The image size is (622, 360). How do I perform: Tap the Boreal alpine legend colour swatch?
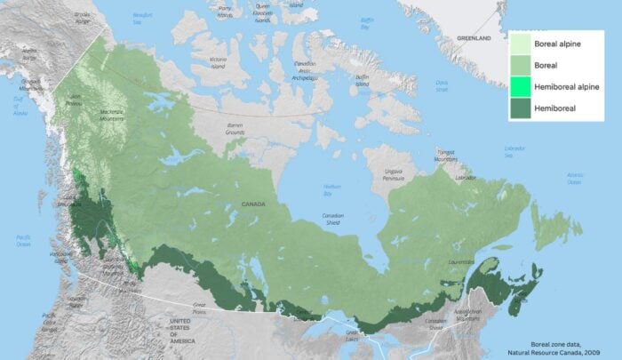point(521,44)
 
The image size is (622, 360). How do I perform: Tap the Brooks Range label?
point(83,16)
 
